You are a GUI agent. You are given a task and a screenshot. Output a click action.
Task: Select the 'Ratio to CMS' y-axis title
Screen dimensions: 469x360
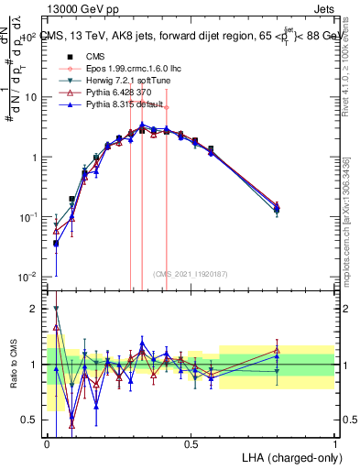coord(13,365)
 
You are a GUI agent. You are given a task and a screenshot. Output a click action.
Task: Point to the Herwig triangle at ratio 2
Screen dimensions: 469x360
coord(56,309)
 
